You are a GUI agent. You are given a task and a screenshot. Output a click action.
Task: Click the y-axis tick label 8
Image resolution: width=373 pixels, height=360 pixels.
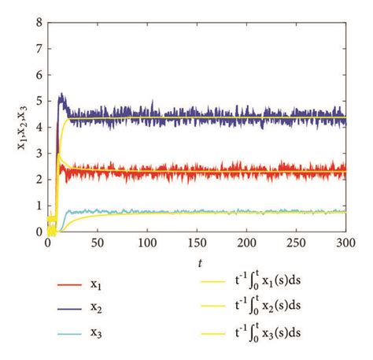click(x=38, y=23)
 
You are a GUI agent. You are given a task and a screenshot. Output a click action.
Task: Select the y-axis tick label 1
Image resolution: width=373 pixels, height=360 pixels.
click(x=38, y=206)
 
